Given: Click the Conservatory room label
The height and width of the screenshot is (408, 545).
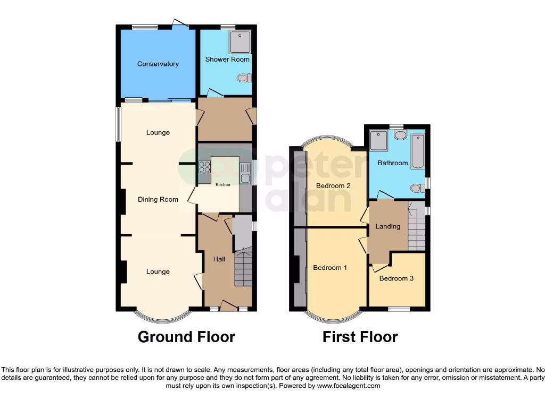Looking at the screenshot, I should (158, 64).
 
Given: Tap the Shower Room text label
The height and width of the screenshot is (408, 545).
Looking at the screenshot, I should (227, 59).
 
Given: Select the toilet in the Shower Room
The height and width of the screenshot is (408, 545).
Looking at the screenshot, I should (243, 78).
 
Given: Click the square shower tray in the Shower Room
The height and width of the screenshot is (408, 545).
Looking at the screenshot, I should (240, 41).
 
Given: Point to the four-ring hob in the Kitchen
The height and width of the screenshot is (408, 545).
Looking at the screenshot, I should (205, 167).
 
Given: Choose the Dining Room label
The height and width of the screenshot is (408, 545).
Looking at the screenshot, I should (158, 200).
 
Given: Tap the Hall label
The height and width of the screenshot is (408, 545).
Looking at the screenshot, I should (219, 259).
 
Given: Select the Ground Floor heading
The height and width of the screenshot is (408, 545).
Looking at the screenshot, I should (186, 337).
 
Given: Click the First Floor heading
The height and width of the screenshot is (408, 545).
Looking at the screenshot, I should (360, 337).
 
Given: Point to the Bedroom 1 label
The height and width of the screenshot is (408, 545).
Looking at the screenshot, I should (330, 268).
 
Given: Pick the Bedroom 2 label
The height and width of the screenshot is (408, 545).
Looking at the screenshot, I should (333, 186).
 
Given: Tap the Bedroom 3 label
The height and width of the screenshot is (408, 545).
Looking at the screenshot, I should (396, 278).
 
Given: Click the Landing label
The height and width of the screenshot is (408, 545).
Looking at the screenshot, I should (387, 226).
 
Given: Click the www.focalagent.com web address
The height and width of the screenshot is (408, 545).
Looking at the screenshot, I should (349, 386).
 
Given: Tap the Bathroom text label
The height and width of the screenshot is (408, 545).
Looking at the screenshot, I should (393, 163).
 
